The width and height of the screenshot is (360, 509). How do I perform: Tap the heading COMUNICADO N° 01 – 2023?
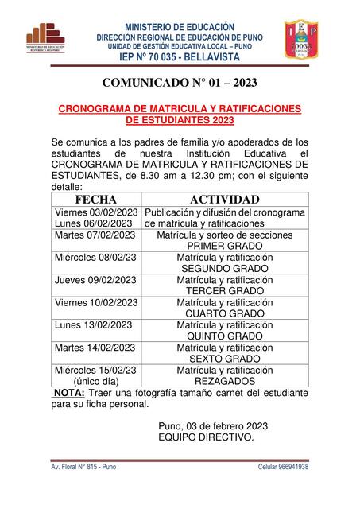click(x=180, y=82)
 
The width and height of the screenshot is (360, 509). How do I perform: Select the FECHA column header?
click(x=95, y=199)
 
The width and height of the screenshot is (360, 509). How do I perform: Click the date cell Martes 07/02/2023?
click(x=93, y=235)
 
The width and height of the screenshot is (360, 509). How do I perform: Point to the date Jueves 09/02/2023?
click(x=93, y=280)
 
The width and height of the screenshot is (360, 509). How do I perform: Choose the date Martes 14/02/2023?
click(x=93, y=348)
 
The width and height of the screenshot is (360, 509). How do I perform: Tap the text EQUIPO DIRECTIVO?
click(x=206, y=437)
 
